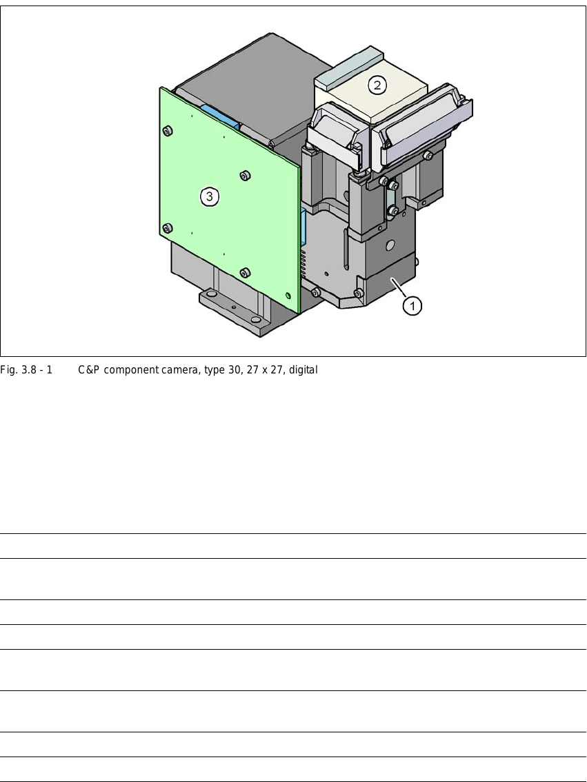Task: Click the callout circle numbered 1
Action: pos(412,305)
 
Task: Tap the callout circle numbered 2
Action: pos(377,85)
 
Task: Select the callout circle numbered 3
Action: pos(209,196)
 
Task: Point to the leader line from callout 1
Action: pos(398,289)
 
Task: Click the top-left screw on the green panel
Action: pos(168,131)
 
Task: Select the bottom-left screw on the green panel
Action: pos(168,229)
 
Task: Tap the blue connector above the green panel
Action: pos(219,115)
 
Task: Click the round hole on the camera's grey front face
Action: pos(390,245)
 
